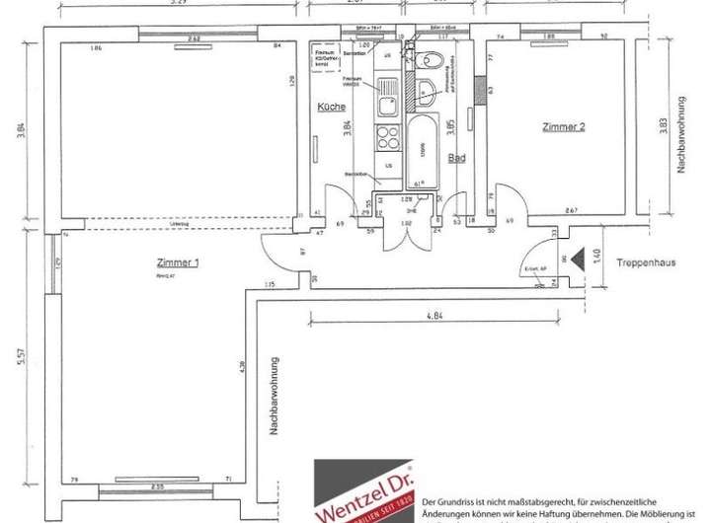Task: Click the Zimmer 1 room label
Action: (x=178, y=262)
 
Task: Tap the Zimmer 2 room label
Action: (x=564, y=127)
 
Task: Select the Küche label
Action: (x=331, y=107)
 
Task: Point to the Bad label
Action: (x=456, y=157)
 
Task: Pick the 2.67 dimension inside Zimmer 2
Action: (x=571, y=210)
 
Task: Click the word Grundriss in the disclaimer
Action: (x=469, y=477)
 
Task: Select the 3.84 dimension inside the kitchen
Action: (x=347, y=126)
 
